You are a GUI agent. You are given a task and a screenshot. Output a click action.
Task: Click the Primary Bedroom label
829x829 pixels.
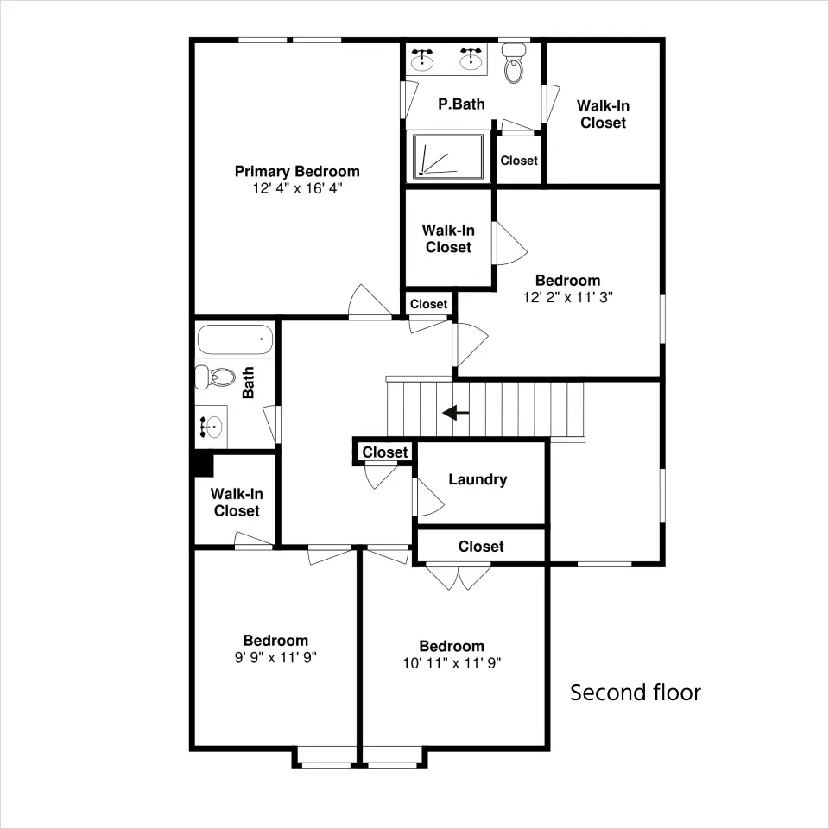tap(297, 172)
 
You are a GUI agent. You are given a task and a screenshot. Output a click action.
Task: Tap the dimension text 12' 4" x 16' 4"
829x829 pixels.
tap(297, 189)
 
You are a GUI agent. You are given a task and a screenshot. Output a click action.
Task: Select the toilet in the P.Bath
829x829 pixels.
tap(513, 63)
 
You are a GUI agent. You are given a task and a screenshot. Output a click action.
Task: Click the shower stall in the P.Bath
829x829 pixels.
tap(448, 156)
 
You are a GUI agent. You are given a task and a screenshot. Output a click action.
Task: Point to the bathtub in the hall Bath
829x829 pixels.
tap(235, 339)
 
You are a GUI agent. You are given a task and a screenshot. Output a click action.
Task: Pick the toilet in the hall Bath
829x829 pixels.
tap(215, 377)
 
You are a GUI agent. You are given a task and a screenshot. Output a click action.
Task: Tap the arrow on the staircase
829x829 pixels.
tap(455, 413)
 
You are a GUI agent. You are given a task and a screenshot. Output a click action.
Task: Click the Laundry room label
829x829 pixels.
tap(478, 479)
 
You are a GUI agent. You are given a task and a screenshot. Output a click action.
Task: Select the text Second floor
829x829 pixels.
tap(636, 693)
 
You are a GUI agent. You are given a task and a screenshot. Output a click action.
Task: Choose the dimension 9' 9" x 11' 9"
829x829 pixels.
tap(275, 658)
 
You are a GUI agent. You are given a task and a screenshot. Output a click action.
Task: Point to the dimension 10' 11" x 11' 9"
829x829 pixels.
tap(452, 663)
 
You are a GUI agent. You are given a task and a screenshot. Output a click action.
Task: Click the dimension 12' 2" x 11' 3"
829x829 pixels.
tap(568, 298)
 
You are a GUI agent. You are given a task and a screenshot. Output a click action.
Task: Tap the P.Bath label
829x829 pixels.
tap(461, 104)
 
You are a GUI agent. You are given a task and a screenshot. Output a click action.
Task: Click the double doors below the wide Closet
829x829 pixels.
tap(459, 578)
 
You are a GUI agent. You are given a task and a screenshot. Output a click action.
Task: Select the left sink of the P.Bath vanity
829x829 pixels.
tap(422, 60)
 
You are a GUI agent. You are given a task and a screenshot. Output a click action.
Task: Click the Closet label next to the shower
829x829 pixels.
tap(519, 161)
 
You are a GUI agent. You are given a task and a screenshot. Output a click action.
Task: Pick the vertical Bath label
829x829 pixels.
tap(248, 383)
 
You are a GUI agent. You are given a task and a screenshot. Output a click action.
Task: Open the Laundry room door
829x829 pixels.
tap(428, 497)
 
